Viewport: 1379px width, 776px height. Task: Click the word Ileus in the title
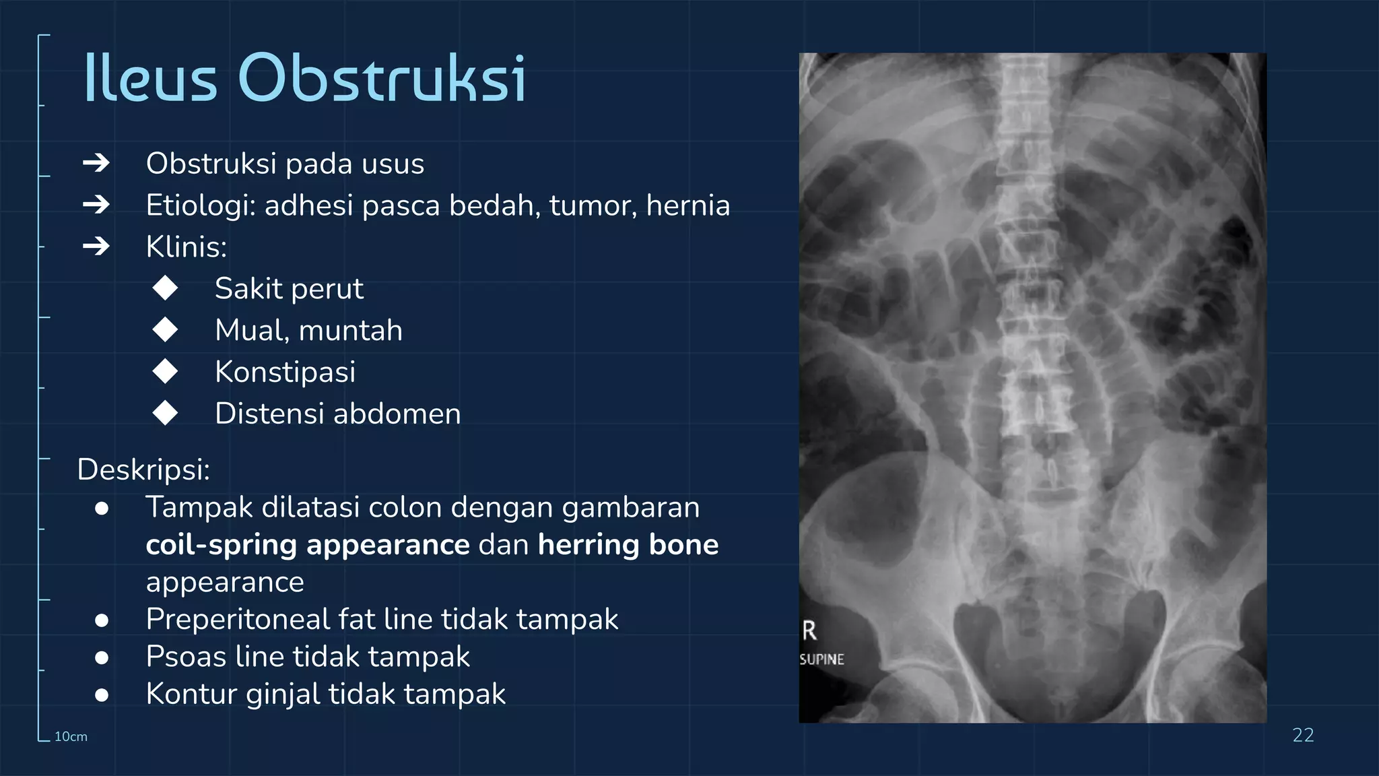150,79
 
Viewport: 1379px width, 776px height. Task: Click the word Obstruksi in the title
381,79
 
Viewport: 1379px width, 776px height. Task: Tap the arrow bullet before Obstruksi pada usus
96,163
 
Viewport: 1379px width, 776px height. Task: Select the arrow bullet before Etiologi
96,205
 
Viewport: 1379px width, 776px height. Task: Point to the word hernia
687,205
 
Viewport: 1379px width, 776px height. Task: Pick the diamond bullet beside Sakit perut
165,288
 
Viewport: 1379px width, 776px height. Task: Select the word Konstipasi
285,373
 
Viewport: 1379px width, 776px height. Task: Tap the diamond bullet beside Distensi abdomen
165,414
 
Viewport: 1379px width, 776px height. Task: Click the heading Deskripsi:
143,470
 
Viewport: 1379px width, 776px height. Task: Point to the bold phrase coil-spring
221,545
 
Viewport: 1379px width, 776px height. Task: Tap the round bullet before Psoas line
102,657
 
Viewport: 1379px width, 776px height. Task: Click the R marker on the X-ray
809,631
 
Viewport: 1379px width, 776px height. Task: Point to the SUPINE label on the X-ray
821,659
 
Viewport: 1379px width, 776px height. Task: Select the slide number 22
1303,735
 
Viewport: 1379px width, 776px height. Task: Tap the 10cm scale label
71,737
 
